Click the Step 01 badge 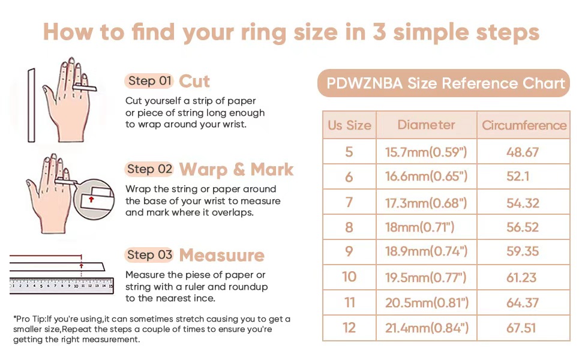point(149,81)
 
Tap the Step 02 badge point(149,169)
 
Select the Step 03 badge point(149,255)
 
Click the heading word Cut point(194,81)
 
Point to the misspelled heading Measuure point(222,256)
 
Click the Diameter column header point(426,125)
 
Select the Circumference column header point(524,125)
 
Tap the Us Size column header point(349,125)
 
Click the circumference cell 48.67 point(522,152)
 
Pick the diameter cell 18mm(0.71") point(419,227)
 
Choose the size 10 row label point(349,277)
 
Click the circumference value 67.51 point(521,328)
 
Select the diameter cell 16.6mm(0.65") point(426,176)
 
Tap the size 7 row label point(349,202)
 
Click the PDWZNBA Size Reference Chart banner point(443,83)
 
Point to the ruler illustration point(62,286)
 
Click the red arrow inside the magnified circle point(91,200)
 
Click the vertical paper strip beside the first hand point(32,105)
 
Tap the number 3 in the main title point(379,32)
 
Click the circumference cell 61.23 point(521,277)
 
